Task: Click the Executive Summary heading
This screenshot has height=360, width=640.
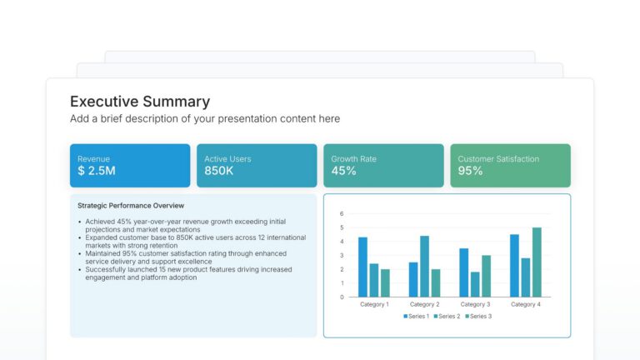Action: pyautogui.click(x=139, y=102)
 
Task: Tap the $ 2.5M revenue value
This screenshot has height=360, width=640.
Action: pyautogui.click(x=96, y=171)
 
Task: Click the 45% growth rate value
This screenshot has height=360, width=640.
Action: pyautogui.click(x=343, y=171)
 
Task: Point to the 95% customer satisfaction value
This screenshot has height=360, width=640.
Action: pyautogui.click(x=470, y=171)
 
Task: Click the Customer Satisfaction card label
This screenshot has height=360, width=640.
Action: pyautogui.click(x=498, y=158)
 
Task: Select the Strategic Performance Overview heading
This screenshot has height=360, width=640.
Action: pyautogui.click(x=131, y=205)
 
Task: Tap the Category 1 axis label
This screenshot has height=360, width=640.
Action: pyautogui.click(x=374, y=304)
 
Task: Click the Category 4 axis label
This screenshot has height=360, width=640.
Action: pyautogui.click(x=525, y=304)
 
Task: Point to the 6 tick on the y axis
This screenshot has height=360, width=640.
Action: pyautogui.click(x=342, y=214)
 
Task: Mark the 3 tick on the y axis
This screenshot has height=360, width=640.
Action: pyautogui.click(x=342, y=255)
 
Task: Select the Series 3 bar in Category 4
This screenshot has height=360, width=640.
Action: pyautogui.click(x=537, y=262)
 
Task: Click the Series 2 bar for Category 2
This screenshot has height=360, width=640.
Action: pyautogui.click(x=424, y=266)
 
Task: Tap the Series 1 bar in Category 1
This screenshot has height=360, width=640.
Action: pyautogui.click(x=362, y=267)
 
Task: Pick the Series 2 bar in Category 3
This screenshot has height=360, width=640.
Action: pyautogui.click(x=475, y=284)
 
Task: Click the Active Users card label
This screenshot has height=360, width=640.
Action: pyautogui.click(x=227, y=158)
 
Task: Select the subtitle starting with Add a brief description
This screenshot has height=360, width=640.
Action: pyautogui.click(x=204, y=119)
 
